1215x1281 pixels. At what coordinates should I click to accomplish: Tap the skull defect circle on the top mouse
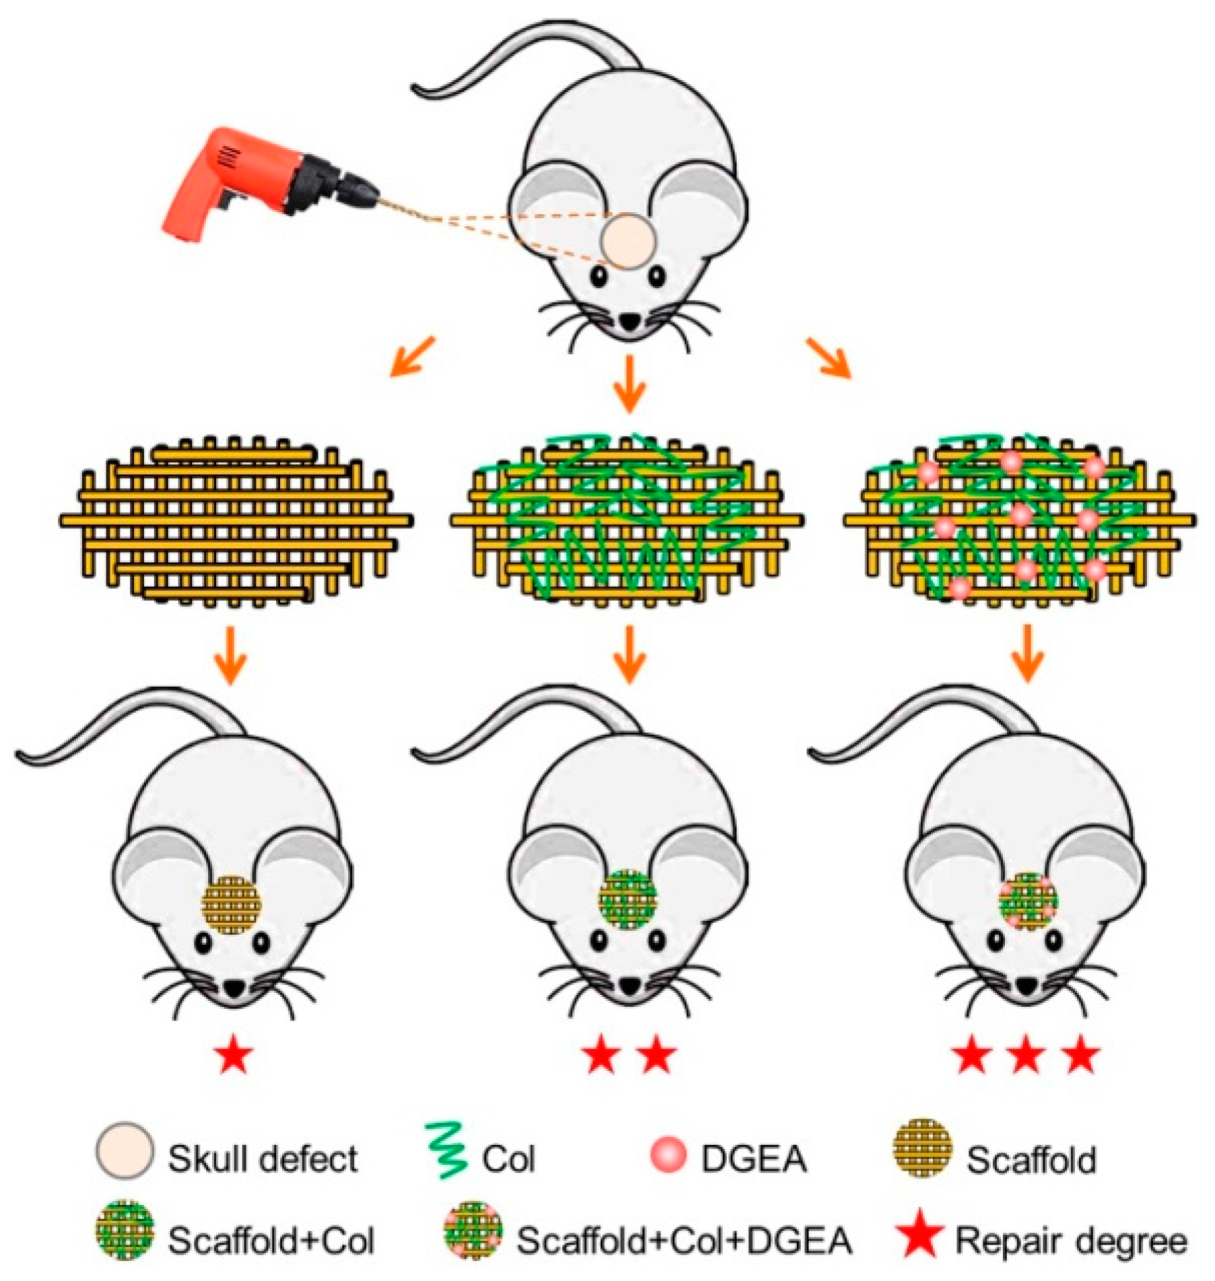pos(628,241)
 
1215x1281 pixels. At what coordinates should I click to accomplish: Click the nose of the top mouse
pos(630,323)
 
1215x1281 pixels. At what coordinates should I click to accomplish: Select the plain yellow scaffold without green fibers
pos(236,520)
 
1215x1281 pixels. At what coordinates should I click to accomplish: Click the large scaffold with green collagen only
pos(626,520)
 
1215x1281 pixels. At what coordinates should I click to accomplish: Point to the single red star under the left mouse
pos(233,1056)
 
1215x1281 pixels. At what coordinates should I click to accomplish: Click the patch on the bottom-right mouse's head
pos(1028,901)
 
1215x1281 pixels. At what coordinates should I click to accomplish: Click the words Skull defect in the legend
pos(263,1158)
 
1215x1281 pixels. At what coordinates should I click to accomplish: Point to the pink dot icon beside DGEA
pos(668,1154)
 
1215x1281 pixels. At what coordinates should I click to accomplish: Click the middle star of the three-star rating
pos(1026,1056)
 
